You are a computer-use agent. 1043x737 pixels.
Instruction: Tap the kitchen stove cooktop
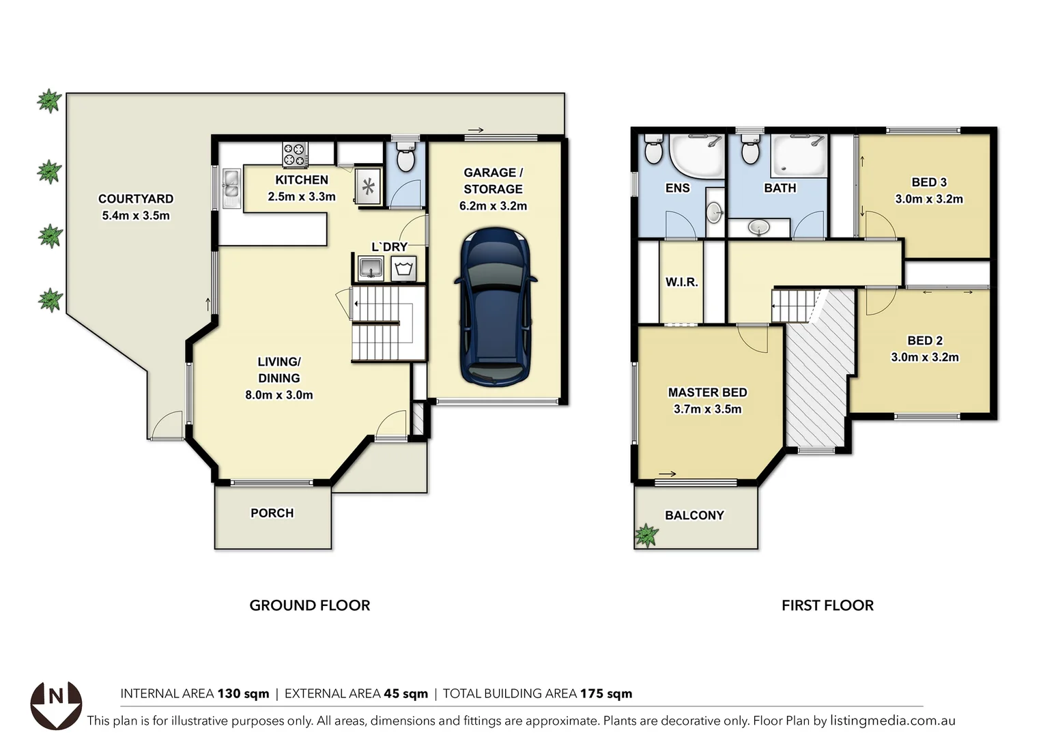(295, 154)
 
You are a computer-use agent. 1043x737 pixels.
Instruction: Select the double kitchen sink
(231, 187)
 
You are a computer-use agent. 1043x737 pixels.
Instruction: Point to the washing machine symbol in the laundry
(403, 268)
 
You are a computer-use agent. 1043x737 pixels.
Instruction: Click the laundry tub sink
(371, 268)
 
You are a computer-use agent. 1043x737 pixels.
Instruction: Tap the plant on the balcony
(646, 536)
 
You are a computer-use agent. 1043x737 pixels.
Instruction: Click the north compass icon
(56, 704)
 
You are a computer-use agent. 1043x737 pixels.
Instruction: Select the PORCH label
(272, 513)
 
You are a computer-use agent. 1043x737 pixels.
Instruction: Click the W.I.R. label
(681, 282)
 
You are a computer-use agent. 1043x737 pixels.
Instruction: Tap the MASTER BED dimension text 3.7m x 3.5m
(707, 409)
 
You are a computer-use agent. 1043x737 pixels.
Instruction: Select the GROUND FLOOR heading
(309, 605)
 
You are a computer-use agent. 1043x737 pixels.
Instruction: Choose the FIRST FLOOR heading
(827, 605)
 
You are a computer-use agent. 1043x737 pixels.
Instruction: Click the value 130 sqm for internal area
(243, 694)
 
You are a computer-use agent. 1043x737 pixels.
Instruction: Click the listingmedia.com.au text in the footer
(892, 721)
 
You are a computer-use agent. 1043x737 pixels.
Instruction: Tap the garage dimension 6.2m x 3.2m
(493, 206)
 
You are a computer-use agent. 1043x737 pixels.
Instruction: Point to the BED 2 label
(924, 341)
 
